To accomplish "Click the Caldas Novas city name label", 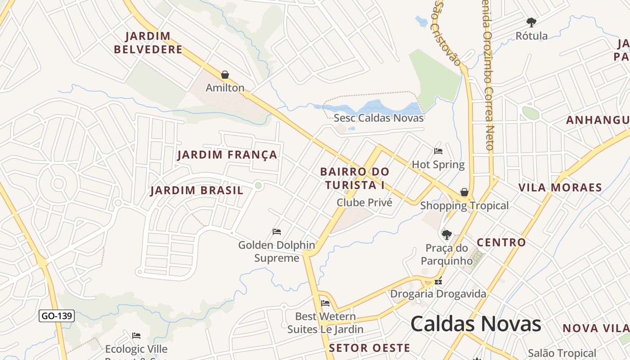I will [x=476, y=324].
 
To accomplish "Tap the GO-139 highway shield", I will [x=56, y=316].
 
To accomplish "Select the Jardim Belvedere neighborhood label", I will [x=148, y=43].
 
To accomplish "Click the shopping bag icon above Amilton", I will [x=225, y=75].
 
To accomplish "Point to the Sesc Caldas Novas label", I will [x=378, y=118].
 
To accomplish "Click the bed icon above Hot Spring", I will [x=438, y=151].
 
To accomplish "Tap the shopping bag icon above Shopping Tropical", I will [x=464, y=192].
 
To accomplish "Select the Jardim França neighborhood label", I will [x=227, y=155].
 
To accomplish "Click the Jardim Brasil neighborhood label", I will [x=197, y=190].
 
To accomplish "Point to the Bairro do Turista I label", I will [x=355, y=178].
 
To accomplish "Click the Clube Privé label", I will [x=364, y=202].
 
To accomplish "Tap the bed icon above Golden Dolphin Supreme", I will [x=277, y=232].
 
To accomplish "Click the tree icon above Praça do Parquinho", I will [x=447, y=234].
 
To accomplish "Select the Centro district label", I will [x=501, y=243].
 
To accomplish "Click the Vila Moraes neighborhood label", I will [x=560, y=188].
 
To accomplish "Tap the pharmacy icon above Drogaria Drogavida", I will [x=438, y=282].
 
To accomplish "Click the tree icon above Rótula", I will [x=531, y=22].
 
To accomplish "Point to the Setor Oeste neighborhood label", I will [x=369, y=348].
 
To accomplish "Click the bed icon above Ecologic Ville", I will [x=136, y=336].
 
